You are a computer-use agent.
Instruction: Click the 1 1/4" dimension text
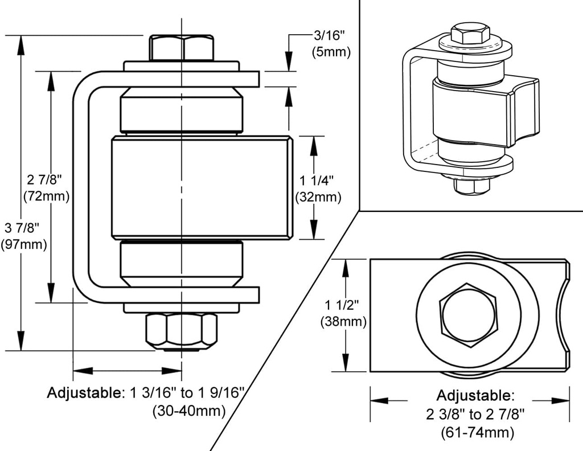(x=317, y=181)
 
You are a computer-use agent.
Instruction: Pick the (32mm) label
(x=318, y=198)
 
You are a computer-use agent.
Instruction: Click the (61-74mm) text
(x=477, y=432)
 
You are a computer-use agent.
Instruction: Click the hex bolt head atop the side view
(x=182, y=47)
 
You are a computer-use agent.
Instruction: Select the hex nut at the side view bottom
(x=182, y=330)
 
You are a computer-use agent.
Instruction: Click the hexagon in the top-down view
(x=468, y=315)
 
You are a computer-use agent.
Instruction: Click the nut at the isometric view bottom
(x=473, y=184)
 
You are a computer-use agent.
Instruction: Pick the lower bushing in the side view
(x=182, y=264)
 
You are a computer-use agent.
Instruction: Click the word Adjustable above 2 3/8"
(x=475, y=395)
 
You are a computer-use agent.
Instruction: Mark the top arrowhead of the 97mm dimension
(x=21, y=46)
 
